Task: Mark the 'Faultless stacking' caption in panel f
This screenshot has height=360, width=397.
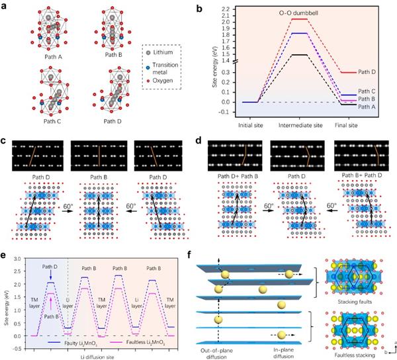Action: click(x=343, y=352)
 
